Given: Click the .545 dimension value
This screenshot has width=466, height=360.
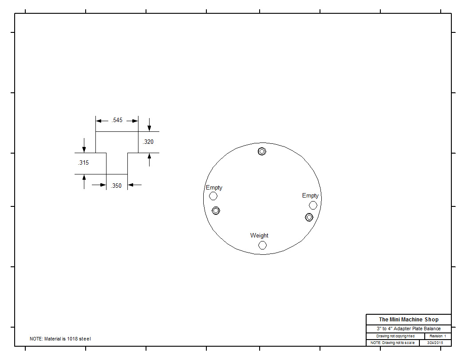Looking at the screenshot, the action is [x=117, y=120].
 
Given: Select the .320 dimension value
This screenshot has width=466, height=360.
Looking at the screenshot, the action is [x=148, y=142].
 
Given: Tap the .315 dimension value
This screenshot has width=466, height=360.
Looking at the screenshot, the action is [x=83, y=162].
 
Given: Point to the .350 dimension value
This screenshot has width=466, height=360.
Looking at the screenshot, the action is [x=116, y=186].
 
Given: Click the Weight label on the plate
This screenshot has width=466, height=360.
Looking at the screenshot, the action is [x=259, y=235].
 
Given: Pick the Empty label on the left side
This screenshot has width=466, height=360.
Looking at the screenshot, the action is [x=214, y=188].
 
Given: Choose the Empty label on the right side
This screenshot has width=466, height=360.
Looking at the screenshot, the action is [x=310, y=196].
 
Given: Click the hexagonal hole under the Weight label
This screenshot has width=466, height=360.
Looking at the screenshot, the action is [x=262, y=245].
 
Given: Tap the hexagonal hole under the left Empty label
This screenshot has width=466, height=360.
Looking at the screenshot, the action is [x=213, y=196].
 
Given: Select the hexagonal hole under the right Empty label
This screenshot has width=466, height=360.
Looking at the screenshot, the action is [x=313, y=205].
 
